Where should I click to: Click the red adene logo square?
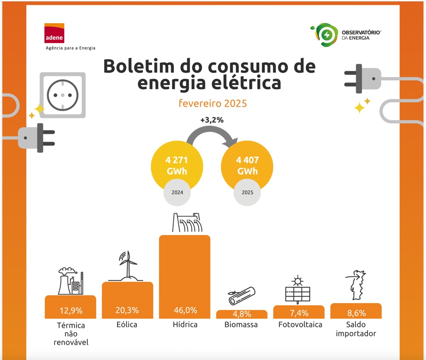click(x=54, y=33)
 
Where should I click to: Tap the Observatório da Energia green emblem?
click(x=326, y=35)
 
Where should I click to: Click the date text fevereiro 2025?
click(x=213, y=103)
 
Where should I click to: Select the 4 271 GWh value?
click(x=177, y=165)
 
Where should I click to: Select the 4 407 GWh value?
click(x=247, y=165)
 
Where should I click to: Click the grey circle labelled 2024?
click(x=177, y=192)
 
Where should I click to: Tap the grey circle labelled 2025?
click(x=247, y=192)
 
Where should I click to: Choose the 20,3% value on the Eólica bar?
click(x=127, y=310)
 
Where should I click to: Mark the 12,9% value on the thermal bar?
click(x=71, y=311)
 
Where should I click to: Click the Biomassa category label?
click(x=241, y=325)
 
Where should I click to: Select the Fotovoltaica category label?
click(x=300, y=325)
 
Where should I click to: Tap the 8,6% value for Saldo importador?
click(x=356, y=313)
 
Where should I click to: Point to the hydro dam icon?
click(x=185, y=223)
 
